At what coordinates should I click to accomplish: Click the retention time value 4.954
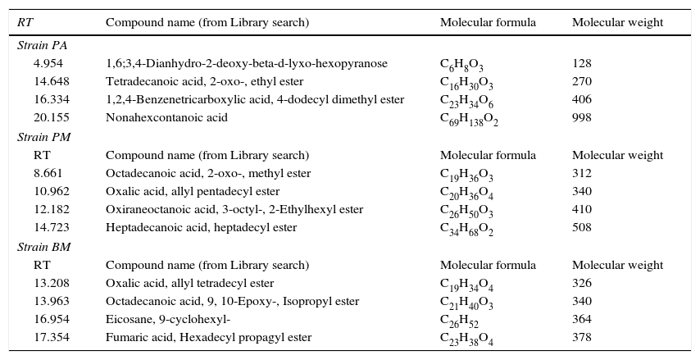pos(48,63)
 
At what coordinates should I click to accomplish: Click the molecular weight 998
pos(581,117)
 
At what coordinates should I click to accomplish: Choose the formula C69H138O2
pos(469,119)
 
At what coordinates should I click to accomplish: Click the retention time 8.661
pos(48,173)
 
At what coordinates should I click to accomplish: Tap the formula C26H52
pos(458,321)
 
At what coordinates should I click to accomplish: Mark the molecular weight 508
pos(581,227)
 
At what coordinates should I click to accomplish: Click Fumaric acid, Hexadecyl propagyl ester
pos(208,337)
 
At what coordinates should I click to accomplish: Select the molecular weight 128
pos(581,63)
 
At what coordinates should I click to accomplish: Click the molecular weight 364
pos(581,319)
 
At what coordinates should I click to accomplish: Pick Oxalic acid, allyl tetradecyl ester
pos(189,283)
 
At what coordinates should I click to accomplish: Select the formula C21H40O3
pos(466,303)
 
